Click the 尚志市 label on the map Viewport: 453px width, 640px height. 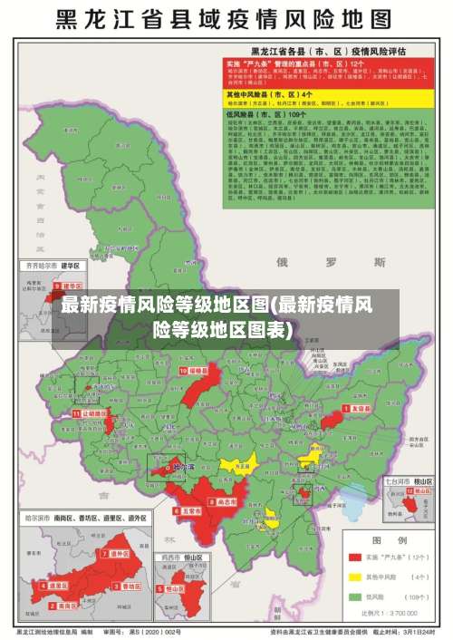coord(226,500)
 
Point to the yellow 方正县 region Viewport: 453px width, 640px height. coord(241,466)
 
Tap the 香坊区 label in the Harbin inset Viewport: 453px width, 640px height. coord(130,587)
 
